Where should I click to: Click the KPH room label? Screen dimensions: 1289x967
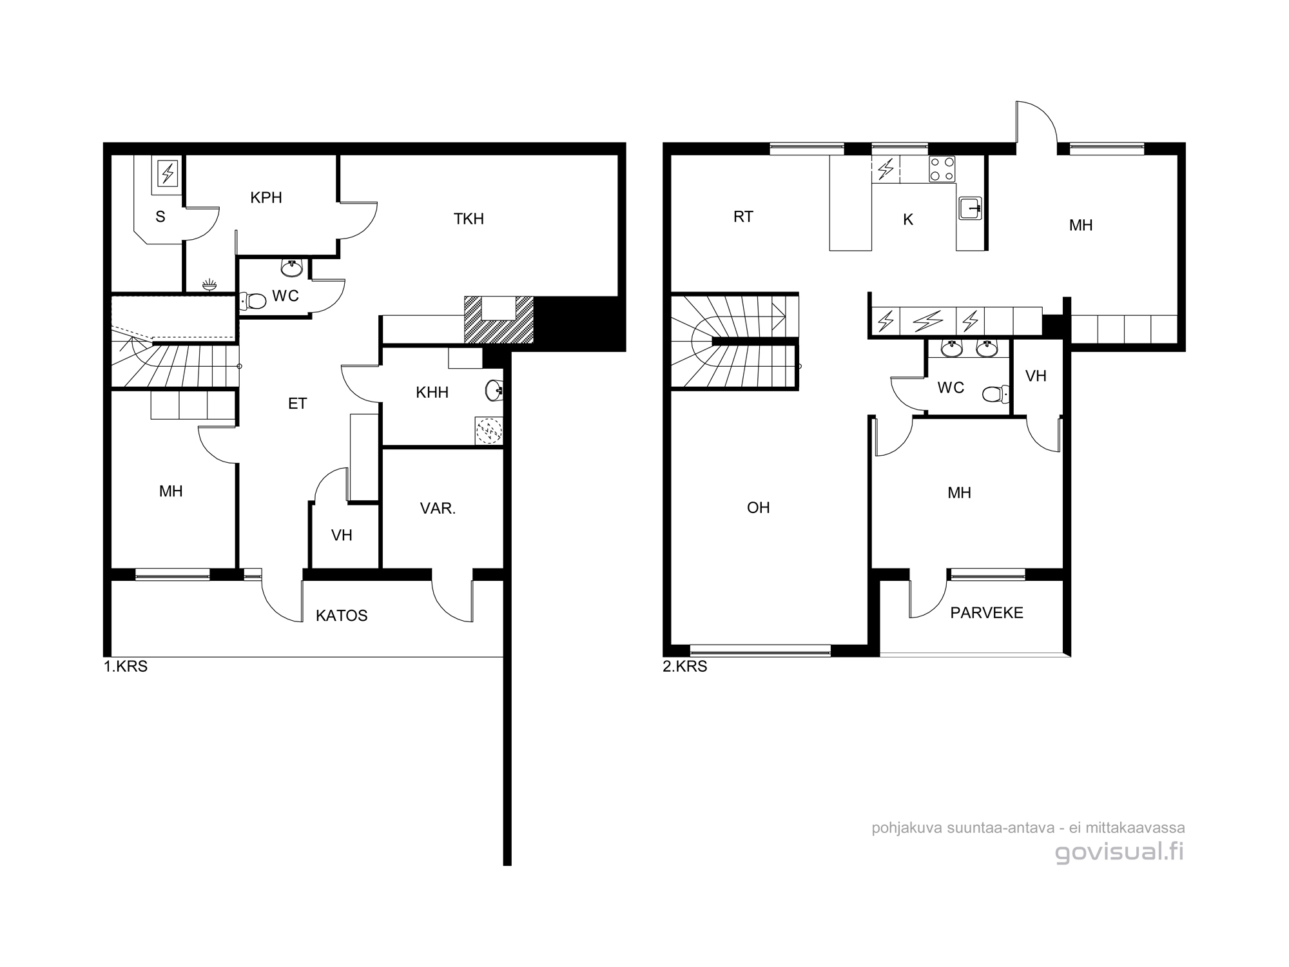tap(266, 197)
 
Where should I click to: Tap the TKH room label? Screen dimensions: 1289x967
tap(469, 219)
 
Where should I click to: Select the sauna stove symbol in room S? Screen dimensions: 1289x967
tap(168, 173)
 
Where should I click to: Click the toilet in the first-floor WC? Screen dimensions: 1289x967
tap(253, 300)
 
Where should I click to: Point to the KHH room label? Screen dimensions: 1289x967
tap(432, 392)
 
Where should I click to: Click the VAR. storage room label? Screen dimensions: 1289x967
tap(438, 509)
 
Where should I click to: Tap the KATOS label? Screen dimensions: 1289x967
tap(342, 616)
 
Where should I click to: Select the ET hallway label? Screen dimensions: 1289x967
tap(297, 404)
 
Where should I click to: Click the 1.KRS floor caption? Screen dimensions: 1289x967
tap(126, 667)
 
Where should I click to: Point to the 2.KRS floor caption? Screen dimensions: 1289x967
tap(684, 667)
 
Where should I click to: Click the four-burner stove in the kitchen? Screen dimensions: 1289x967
tap(942, 170)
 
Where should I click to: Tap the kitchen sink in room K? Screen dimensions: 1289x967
tap(971, 208)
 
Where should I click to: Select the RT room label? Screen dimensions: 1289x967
tap(743, 217)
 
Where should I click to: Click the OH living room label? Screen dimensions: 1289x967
tap(758, 508)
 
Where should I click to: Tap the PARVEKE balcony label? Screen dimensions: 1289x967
tap(987, 612)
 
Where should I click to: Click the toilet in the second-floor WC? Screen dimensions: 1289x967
tap(996, 393)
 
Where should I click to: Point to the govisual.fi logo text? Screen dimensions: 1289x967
tap(1119, 852)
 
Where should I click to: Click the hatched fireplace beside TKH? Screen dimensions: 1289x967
tap(499, 320)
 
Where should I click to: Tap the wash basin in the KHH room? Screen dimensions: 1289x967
tap(495, 389)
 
